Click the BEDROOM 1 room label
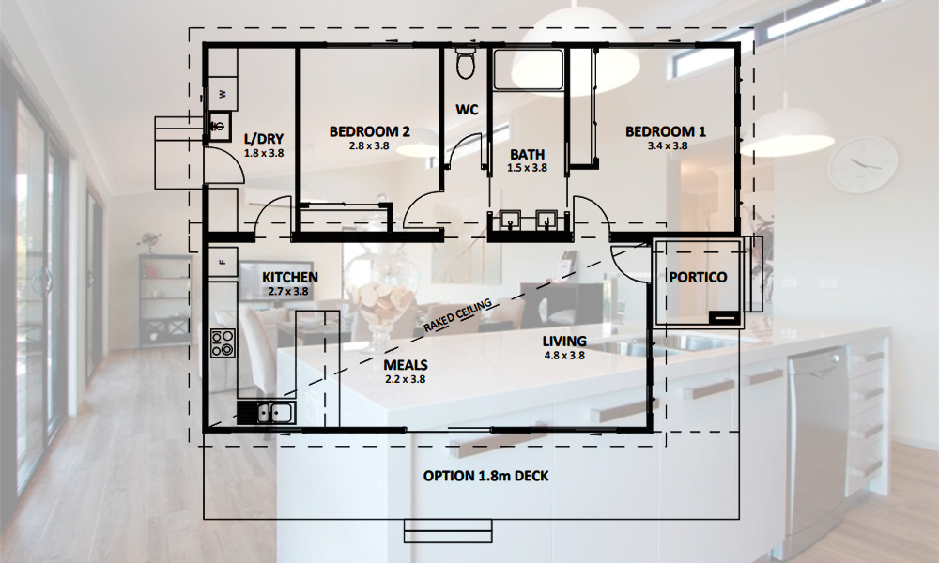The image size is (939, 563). tap(666, 131)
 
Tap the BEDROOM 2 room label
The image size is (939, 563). tap(369, 131)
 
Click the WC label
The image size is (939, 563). tap(467, 110)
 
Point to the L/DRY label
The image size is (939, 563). tap(264, 139)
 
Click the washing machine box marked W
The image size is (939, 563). tap(223, 93)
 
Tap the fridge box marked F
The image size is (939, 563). tap(223, 262)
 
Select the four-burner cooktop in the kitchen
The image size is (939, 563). tap(223, 344)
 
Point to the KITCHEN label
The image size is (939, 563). tap(290, 278)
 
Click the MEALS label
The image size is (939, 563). tap(406, 365)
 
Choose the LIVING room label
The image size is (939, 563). tap(564, 342)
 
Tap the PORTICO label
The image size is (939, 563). tap(698, 277)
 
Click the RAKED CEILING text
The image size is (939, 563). tap(457, 315)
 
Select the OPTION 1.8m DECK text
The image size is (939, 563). tap(485, 477)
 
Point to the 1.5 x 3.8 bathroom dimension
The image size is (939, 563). tap(527, 168)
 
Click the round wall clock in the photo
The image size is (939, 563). tap(863, 164)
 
